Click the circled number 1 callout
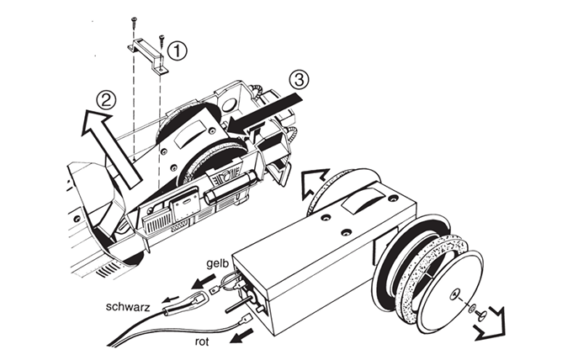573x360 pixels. point(177,51)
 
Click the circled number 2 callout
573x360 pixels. point(106,99)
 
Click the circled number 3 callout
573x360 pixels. point(299,80)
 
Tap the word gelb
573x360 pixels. point(217,263)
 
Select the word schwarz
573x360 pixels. point(128,306)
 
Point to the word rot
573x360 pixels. point(202,341)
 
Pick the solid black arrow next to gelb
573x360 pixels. point(204,281)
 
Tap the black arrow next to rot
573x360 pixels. point(241,336)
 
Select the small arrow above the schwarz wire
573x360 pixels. point(171,298)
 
